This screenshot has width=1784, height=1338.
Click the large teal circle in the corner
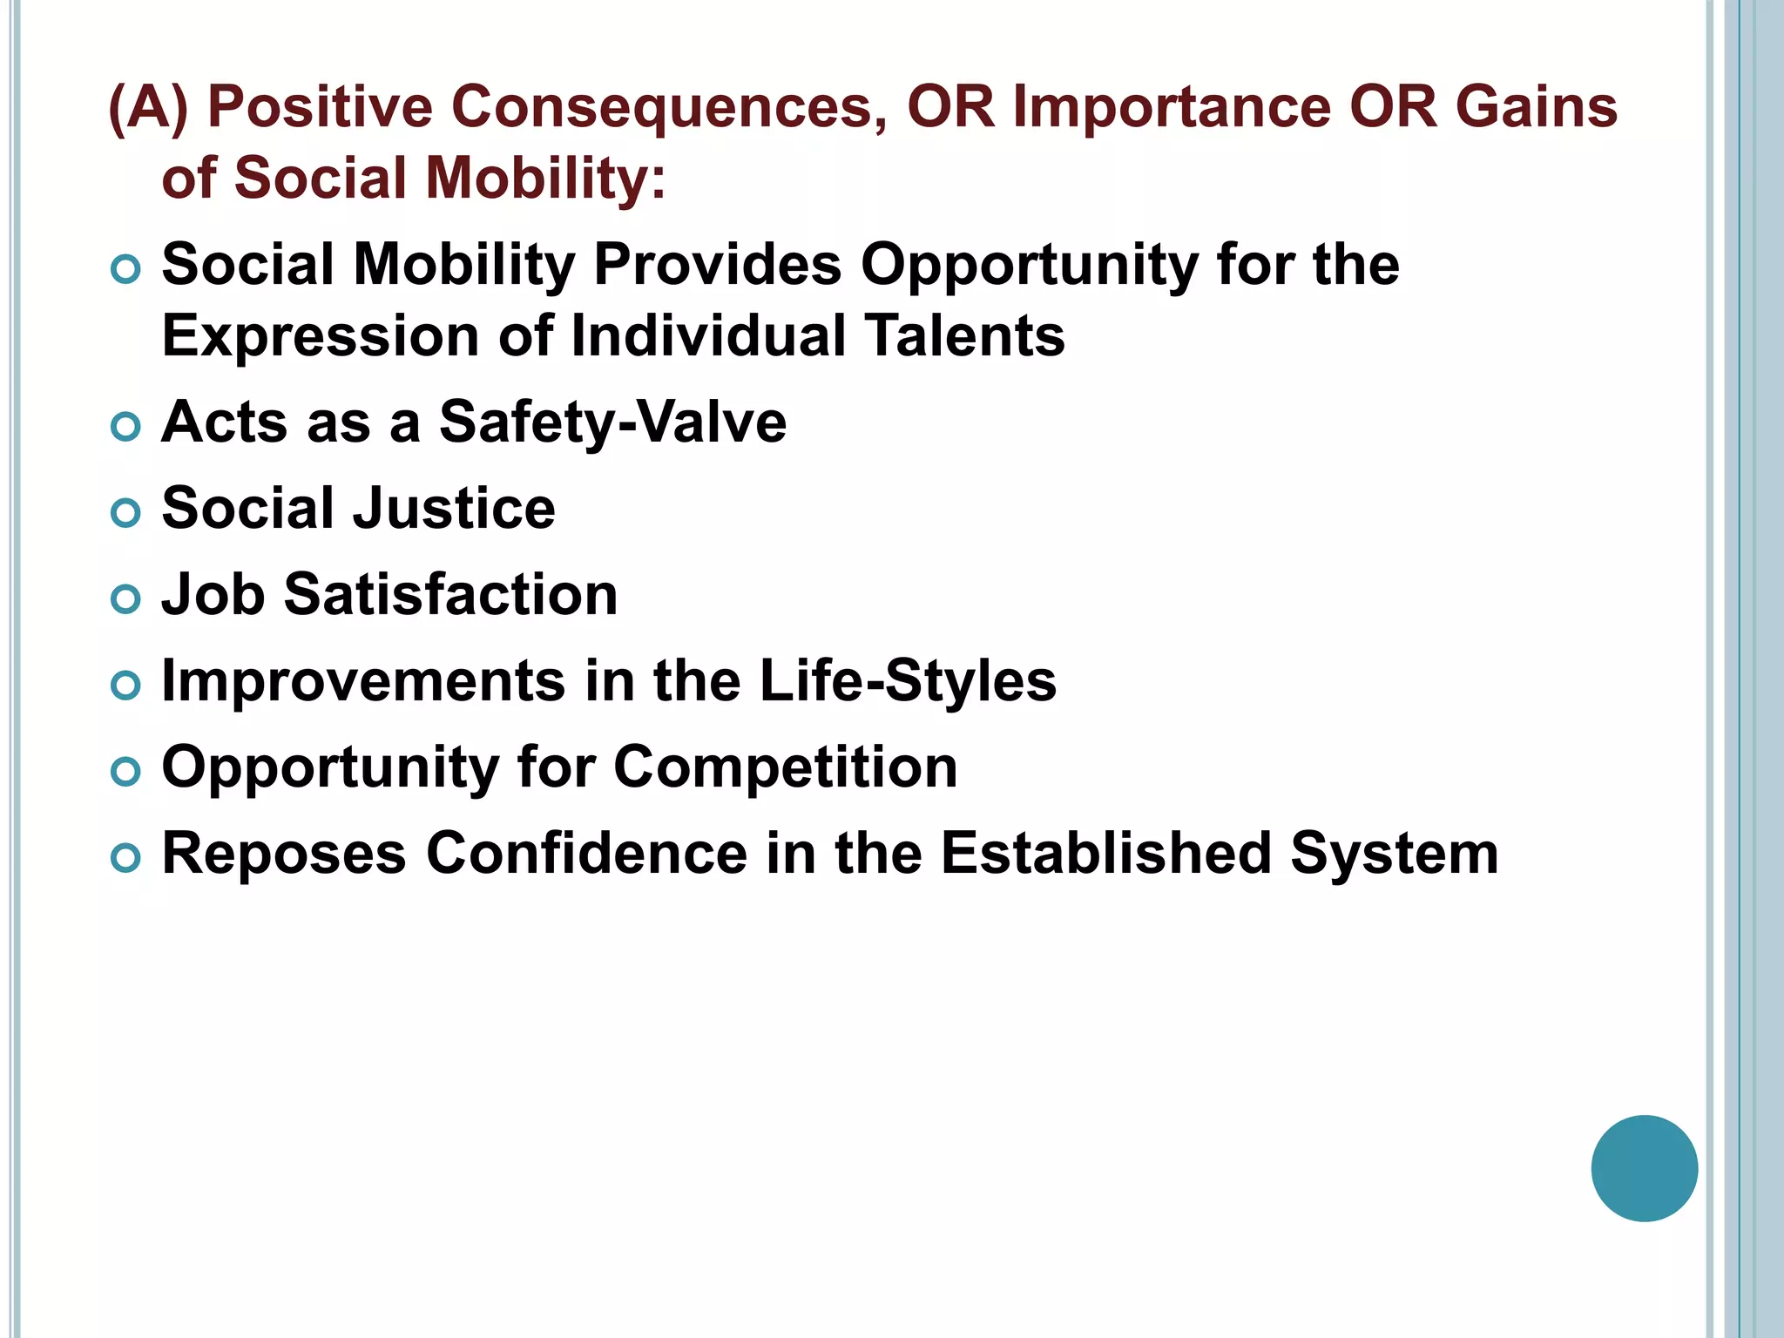[x=1644, y=1168]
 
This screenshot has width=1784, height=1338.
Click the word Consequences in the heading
[x=669, y=107]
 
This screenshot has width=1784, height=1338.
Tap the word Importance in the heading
[x=1171, y=107]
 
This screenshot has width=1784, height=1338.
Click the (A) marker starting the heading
[x=148, y=107]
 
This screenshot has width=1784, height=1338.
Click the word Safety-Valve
[x=612, y=422]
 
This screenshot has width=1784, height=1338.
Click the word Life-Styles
[x=908, y=681]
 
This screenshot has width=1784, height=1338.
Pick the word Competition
[x=785, y=767]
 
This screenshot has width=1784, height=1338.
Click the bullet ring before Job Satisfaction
[x=126, y=599]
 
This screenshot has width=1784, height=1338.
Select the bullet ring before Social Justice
[x=126, y=513]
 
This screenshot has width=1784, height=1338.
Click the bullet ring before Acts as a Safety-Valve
[x=126, y=427]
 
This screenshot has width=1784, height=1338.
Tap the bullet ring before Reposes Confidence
[x=126, y=858]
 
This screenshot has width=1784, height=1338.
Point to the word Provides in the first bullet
[x=717, y=265]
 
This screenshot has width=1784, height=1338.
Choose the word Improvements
[x=363, y=681]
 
